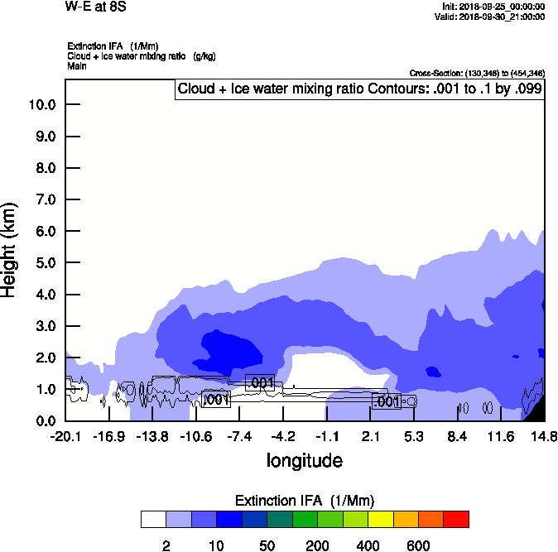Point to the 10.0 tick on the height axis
pyautogui.click(x=41, y=105)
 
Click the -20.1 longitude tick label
pyautogui.click(x=65, y=436)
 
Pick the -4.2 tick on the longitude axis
pyautogui.click(x=283, y=436)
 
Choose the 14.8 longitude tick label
pyautogui.click(x=544, y=436)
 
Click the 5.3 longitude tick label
pyautogui.click(x=414, y=436)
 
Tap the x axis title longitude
pyautogui.click(x=304, y=460)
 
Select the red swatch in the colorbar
pyautogui.click(x=455, y=519)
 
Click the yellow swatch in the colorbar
pyautogui.click(x=380, y=519)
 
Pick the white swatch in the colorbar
pyautogui.click(x=153, y=519)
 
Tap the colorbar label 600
pyautogui.click(x=418, y=545)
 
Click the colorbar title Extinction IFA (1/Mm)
pyautogui.click(x=305, y=501)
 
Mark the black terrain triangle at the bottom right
pyautogui.click(x=537, y=411)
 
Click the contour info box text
pyautogui.click(x=359, y=89)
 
